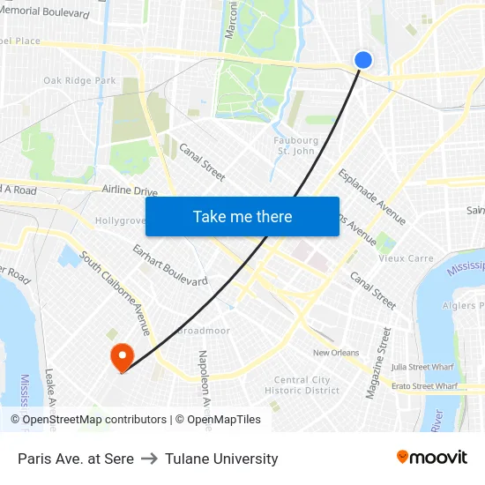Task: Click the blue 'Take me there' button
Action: click(x=242, y=217)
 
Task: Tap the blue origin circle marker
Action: click(x=362, y=60)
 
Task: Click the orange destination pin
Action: click(x=120, y=355)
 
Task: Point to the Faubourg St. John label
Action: click(x=297, y=145)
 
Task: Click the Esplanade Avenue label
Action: click(x=372, y=196)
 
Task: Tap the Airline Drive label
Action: click(x=130, y=190)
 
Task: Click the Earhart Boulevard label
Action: click(x=170, y=265)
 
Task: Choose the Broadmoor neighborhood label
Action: click(x=204, y=332)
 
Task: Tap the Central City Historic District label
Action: click(x=302, y=385)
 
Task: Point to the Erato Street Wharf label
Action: click(x=425, y=385)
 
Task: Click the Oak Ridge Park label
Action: click(x=79, y=81)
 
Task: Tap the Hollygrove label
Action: click(x=120, y=220)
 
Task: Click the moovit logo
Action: click(x=432, y=458)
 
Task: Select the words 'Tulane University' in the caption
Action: click(x=221, y=459)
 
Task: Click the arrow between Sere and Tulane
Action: click(x=149, y=459)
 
